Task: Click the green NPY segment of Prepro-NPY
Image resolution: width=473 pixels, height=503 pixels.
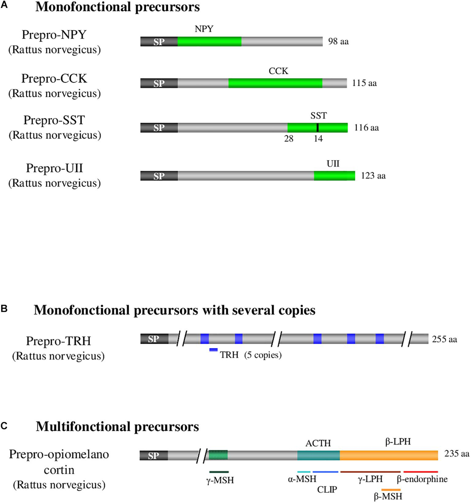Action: coord(209,41)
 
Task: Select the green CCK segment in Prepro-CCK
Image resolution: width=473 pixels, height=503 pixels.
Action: coord(275,83)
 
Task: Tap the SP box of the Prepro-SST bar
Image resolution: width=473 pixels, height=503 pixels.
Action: coord(159,128)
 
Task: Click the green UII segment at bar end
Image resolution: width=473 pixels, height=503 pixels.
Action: coord(334,176)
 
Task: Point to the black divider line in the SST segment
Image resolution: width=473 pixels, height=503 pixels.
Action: coord(318,127)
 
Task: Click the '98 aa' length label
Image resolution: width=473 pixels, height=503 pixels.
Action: coord(338,41)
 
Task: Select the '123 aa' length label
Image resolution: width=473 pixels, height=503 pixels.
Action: coord(373,176)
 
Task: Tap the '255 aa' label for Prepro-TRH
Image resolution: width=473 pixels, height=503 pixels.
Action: coord(444,339)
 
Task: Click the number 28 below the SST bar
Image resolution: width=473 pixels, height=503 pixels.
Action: coord(289,139)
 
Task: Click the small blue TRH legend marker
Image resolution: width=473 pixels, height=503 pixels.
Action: coord(213,350)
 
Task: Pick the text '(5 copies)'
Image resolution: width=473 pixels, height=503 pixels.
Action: coord(263,355)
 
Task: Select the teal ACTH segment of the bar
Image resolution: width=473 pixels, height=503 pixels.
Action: coord(318,455)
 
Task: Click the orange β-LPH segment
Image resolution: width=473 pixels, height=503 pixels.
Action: coord(389,455)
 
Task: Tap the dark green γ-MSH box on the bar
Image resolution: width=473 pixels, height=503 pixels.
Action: coord(218,455)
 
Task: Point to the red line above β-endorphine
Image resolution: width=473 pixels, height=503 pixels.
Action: coord(421,471)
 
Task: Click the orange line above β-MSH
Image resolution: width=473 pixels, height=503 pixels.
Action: coord(391,490)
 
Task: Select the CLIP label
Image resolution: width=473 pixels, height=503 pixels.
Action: coord(327,490)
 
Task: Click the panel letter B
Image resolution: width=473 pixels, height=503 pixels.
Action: coord(4,308)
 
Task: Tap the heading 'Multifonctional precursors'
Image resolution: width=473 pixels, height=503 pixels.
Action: coord(117,427)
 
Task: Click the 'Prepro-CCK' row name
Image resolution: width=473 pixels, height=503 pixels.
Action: coord(54,78)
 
